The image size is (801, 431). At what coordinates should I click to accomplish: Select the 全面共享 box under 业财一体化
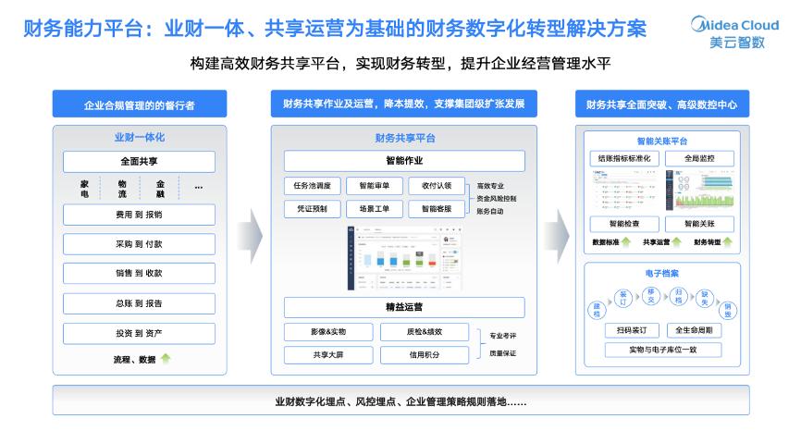click(139, 162)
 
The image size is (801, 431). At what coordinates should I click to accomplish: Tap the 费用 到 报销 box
click(139, 215)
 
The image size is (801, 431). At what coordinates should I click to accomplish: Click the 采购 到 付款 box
click(139, 244)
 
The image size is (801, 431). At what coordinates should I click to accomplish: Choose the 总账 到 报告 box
click(139, 302)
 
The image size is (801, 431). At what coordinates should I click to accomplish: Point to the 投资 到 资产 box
click(139, 332)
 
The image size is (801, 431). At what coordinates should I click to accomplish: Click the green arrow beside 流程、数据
click(166, 359)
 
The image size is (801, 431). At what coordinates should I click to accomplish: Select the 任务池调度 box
click(310, 185)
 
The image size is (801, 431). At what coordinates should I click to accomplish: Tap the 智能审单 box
click(374, 185)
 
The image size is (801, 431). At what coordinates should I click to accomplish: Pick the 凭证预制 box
click(310, 209)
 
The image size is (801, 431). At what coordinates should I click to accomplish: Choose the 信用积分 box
click(425, 354)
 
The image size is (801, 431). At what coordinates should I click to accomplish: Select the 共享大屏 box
click(328, 354)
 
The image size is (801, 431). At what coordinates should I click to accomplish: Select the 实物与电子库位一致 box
click(663, 350)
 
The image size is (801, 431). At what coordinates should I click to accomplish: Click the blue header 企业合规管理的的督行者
click(139, 105)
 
